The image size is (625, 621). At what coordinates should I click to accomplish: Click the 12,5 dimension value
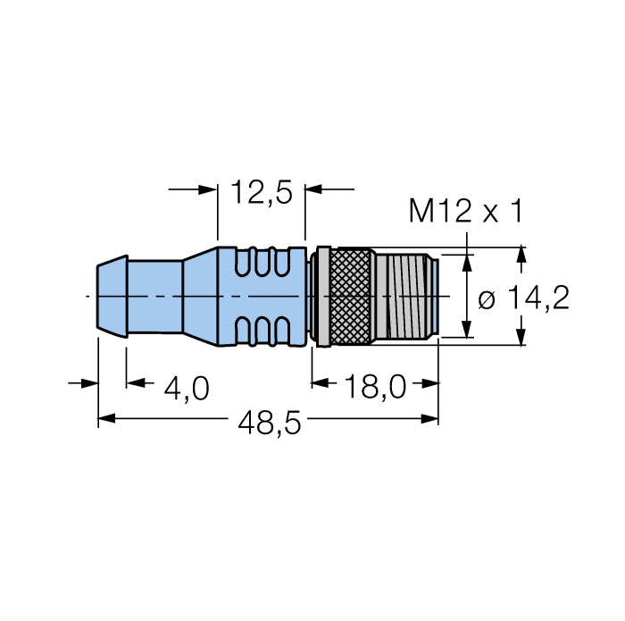262,191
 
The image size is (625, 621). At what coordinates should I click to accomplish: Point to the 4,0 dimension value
187,388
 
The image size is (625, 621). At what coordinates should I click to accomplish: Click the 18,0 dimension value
375,388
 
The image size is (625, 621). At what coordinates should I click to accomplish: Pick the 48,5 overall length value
269,424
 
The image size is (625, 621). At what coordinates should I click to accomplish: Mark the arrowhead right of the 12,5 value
315,189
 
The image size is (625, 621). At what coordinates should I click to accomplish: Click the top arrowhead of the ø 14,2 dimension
522,255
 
